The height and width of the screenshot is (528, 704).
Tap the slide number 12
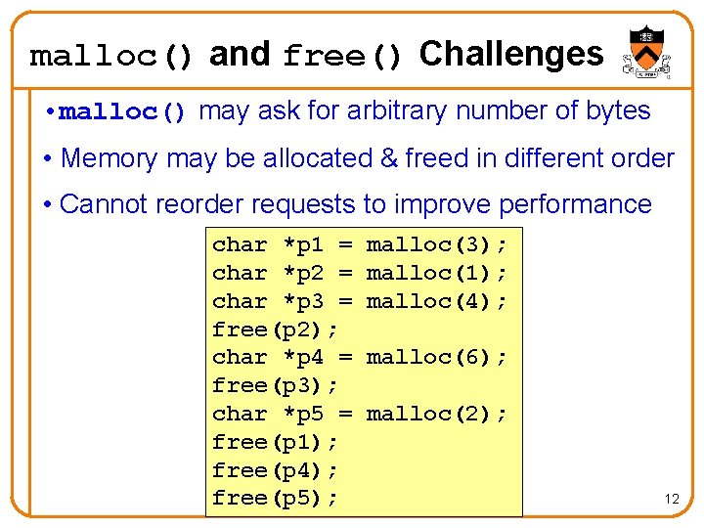pos(672,499)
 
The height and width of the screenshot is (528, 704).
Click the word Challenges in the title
pos(511,54)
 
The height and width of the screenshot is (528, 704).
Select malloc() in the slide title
pos(112,56)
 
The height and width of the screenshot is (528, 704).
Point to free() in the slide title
pos(342,57)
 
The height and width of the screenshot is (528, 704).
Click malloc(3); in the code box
pos(437,244)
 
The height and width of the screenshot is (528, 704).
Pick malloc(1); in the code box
pos(437,273)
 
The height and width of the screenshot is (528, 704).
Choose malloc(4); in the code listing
pos(437,301)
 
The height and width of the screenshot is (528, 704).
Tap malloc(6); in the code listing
pos(437,358)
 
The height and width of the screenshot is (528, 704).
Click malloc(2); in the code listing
pos(437,415)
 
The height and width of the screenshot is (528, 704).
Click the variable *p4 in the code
pos(302,358)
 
